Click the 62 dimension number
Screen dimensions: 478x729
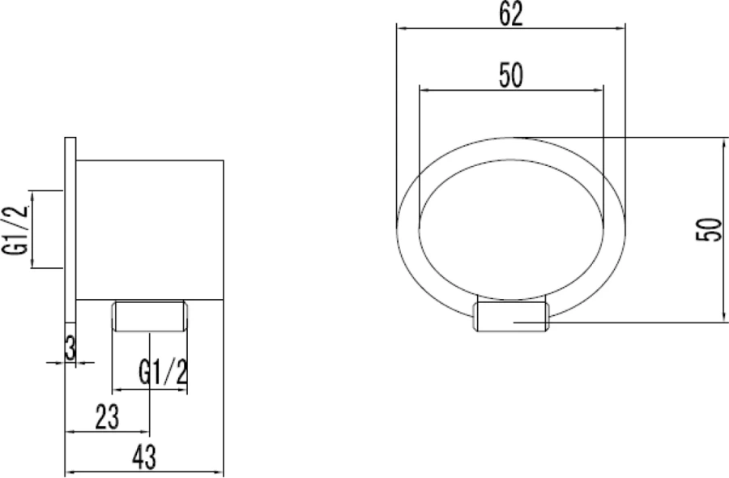coord(510,14)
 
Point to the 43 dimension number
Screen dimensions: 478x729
coord(143,458)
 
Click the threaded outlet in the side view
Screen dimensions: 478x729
coord(150,316)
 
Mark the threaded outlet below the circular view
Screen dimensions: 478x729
coord(511,315)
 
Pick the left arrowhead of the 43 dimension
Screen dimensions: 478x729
coord(68,472)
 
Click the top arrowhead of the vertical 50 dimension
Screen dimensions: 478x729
coord(722,140)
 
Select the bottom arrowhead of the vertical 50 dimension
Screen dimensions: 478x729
coord(722,319)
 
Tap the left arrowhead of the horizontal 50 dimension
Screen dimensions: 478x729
coord(421,89)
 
